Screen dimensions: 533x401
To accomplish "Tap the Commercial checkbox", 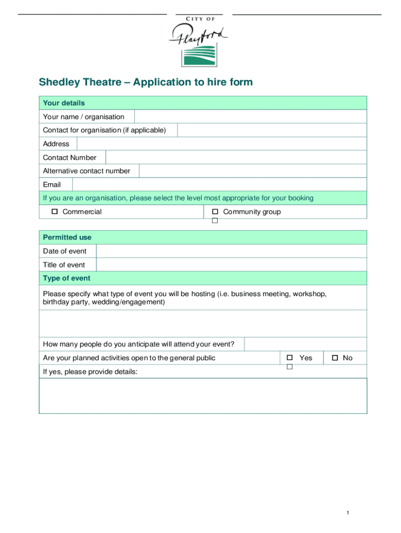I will [54, 212].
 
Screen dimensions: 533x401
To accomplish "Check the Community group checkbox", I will [215, 212].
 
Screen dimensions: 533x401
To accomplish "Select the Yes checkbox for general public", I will [290, 358].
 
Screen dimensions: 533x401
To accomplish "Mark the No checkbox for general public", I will [335, 358].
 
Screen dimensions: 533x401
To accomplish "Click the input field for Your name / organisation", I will [250, 117].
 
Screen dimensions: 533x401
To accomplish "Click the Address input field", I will [221, 144].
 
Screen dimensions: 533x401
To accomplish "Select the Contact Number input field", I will [235, 157].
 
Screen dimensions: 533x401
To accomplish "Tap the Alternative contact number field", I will [253, 171].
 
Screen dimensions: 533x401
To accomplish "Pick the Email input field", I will [219, 184].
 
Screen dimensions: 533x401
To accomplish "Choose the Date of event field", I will [231, 251].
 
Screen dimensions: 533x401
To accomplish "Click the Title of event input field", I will [231, 264].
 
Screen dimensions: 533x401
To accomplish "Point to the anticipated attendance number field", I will [305, 344].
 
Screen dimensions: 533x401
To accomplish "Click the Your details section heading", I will [64, 103].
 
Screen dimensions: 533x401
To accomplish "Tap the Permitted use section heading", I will [67, 237].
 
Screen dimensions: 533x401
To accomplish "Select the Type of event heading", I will [67, 278].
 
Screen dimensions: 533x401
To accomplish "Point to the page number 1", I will [347, 514].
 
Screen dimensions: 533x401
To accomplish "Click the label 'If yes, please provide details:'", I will [90, 372].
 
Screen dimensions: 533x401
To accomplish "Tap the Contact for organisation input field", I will [272, 130].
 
